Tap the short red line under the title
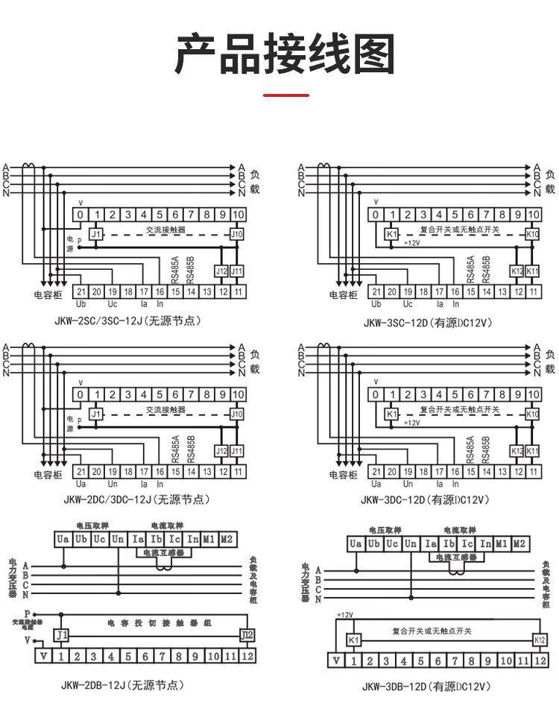coord(286,95)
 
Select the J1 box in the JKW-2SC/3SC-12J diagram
coord(95,234)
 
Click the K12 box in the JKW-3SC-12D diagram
coord(517,271)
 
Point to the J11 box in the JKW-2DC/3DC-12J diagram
coord(237,451)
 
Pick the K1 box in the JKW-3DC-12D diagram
coord(391,414)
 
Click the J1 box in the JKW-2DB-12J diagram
coord(62,635)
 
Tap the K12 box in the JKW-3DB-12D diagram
coord(540,640)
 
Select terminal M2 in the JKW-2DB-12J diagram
coord(227,538)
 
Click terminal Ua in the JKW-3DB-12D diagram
coord(356,544)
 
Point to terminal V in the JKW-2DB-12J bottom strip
coord(44,656)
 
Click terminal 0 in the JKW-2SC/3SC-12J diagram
coord(80,215)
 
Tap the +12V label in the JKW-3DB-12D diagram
coord(344,615)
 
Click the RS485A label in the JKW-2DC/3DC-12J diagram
coord(176,449)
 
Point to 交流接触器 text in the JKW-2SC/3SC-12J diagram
coord(165,230)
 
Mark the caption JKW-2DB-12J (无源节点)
coord(122,685)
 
